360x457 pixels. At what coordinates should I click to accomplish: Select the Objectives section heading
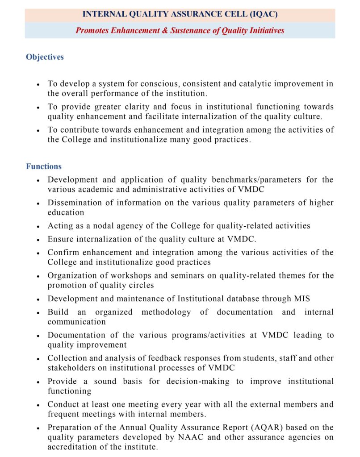coord(45,57)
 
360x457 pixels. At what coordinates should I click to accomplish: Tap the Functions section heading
coord(44,166)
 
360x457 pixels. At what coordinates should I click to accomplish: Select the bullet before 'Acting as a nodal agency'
coord(38,227)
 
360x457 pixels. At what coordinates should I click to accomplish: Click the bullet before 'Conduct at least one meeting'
coord(38,406)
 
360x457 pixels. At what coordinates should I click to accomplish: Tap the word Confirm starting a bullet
coord(63,253)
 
